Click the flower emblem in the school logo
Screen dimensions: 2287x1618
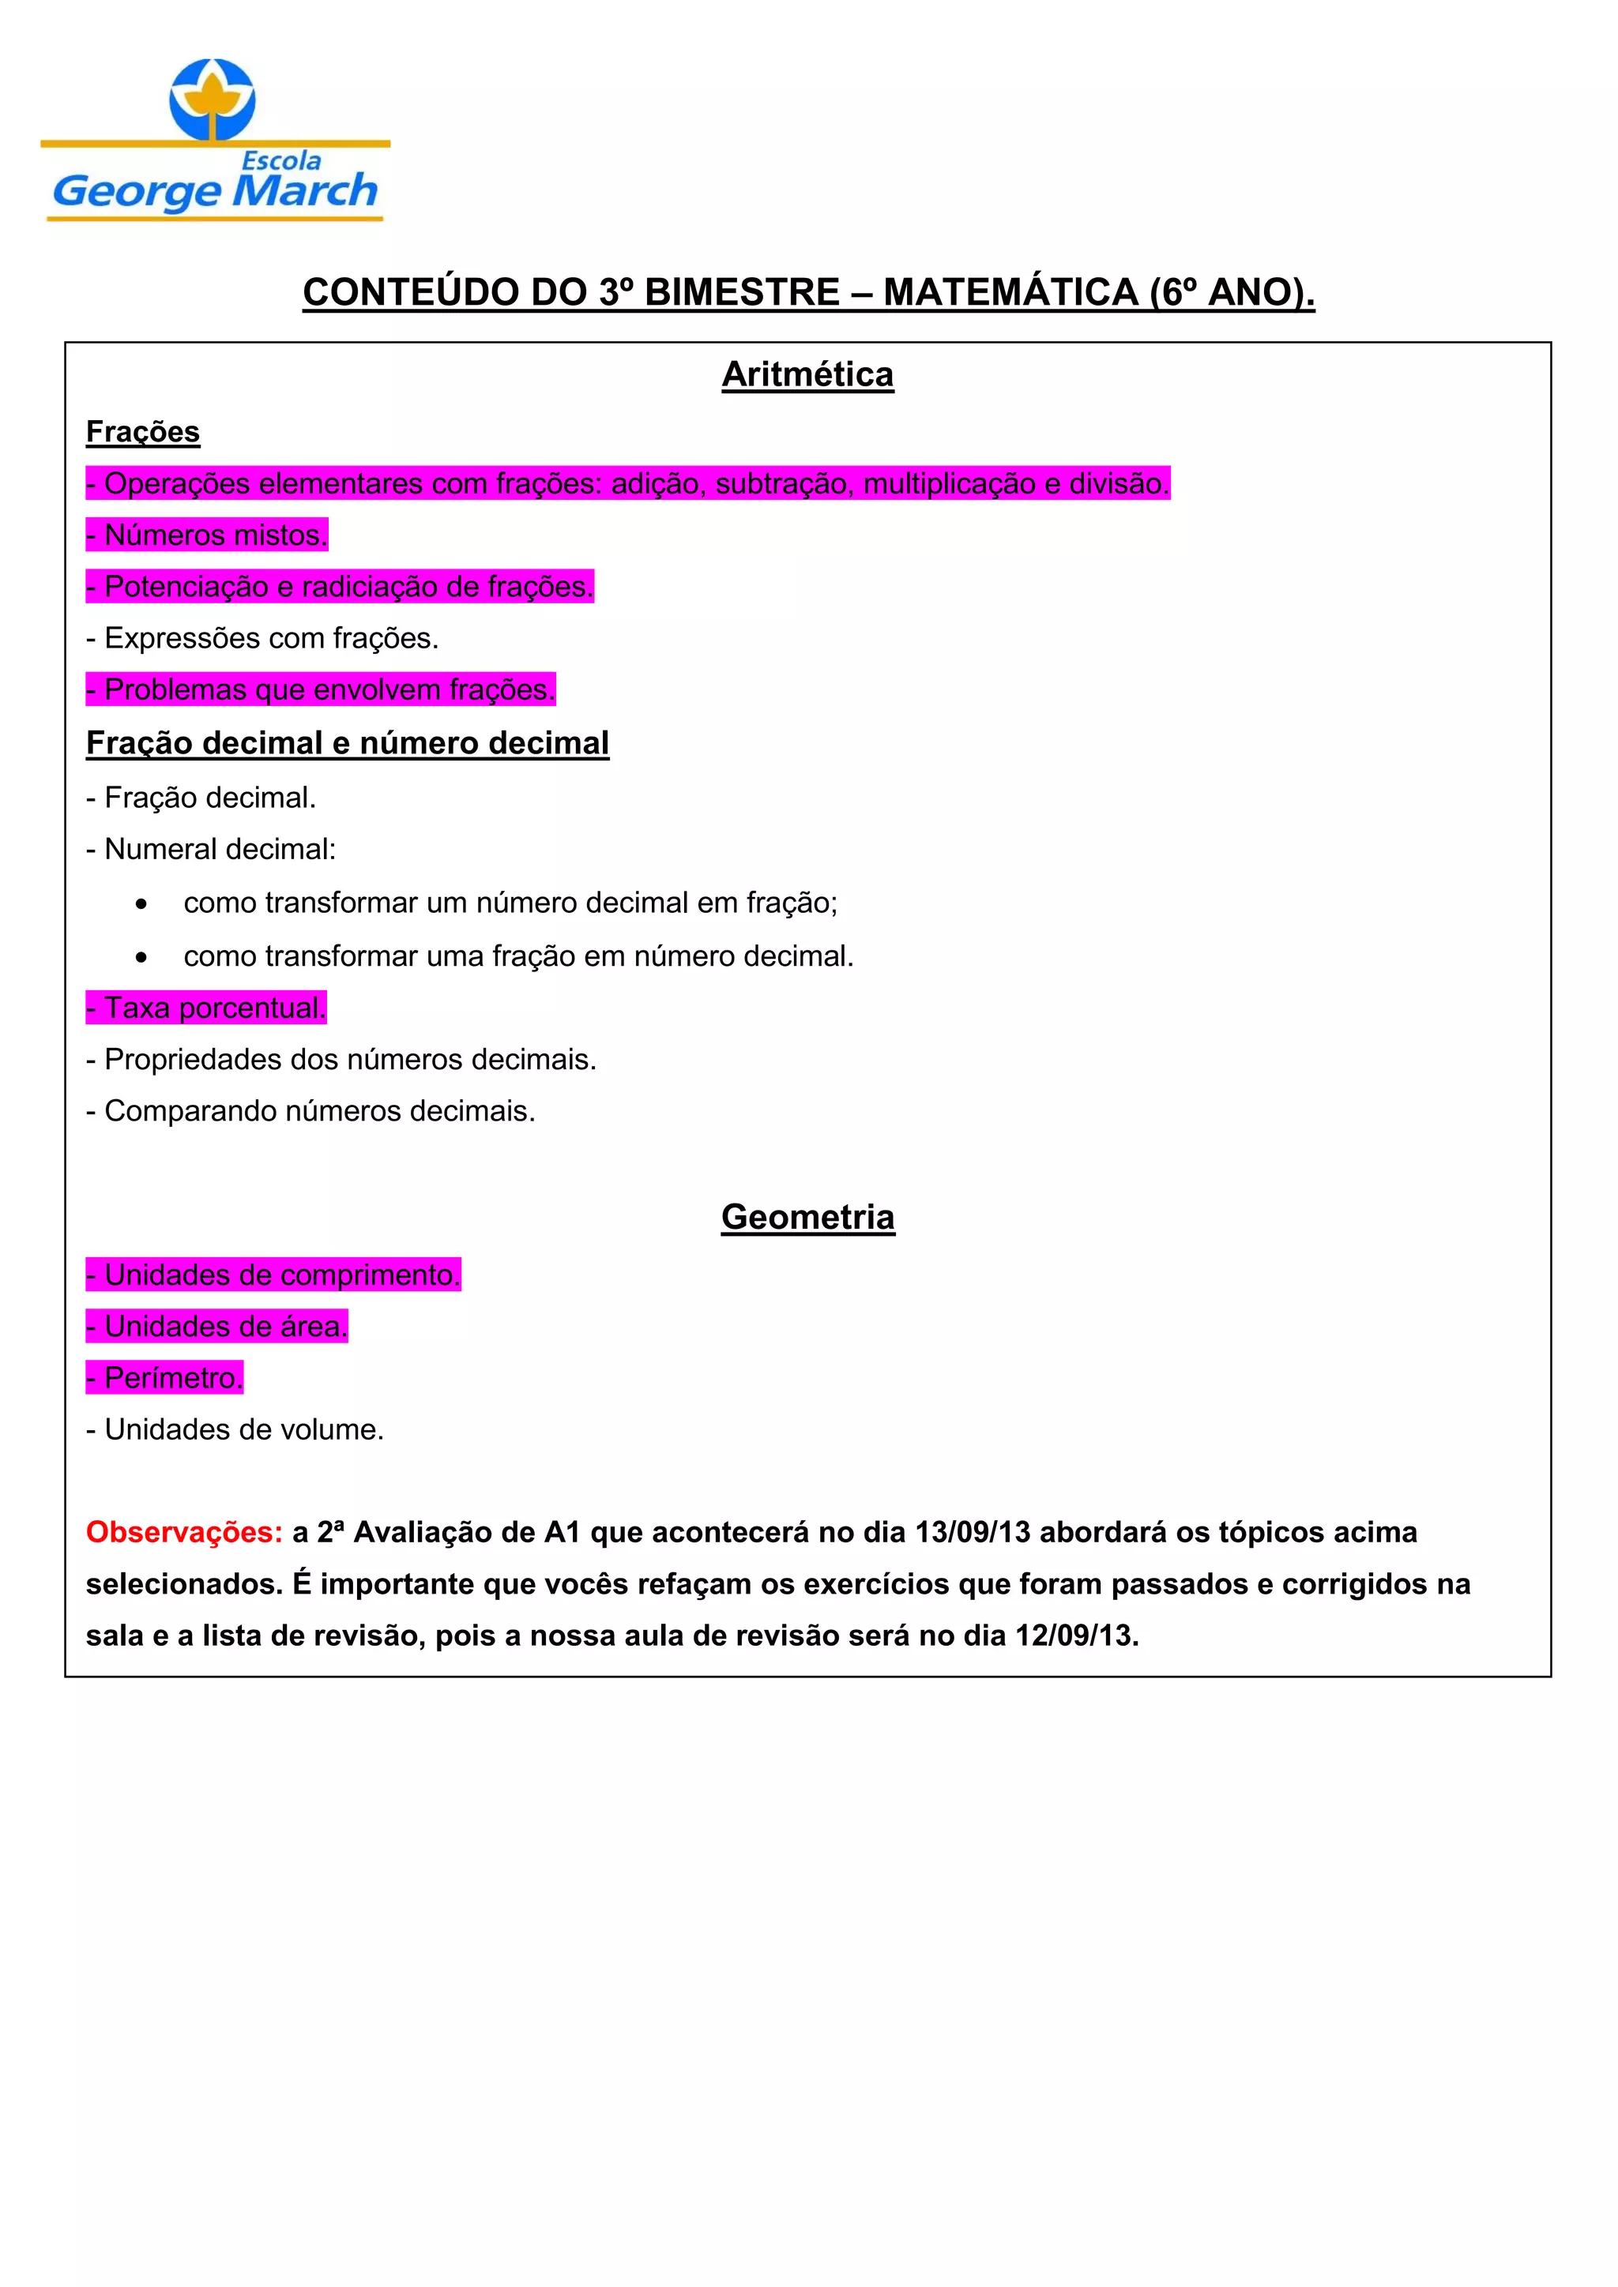(213, 100)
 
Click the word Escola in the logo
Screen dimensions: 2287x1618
(282, 160)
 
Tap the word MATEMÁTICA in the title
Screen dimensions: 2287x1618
(1010, 292)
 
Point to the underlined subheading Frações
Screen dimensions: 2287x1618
(142, 431)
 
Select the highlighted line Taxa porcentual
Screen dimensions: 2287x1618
(206, 1007)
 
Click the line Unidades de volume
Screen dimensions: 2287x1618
(235, 1429)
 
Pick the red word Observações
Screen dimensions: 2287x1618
(184, 1532)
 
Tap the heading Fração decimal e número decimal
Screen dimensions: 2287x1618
(347, 743)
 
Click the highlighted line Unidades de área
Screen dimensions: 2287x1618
(217, 1326)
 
